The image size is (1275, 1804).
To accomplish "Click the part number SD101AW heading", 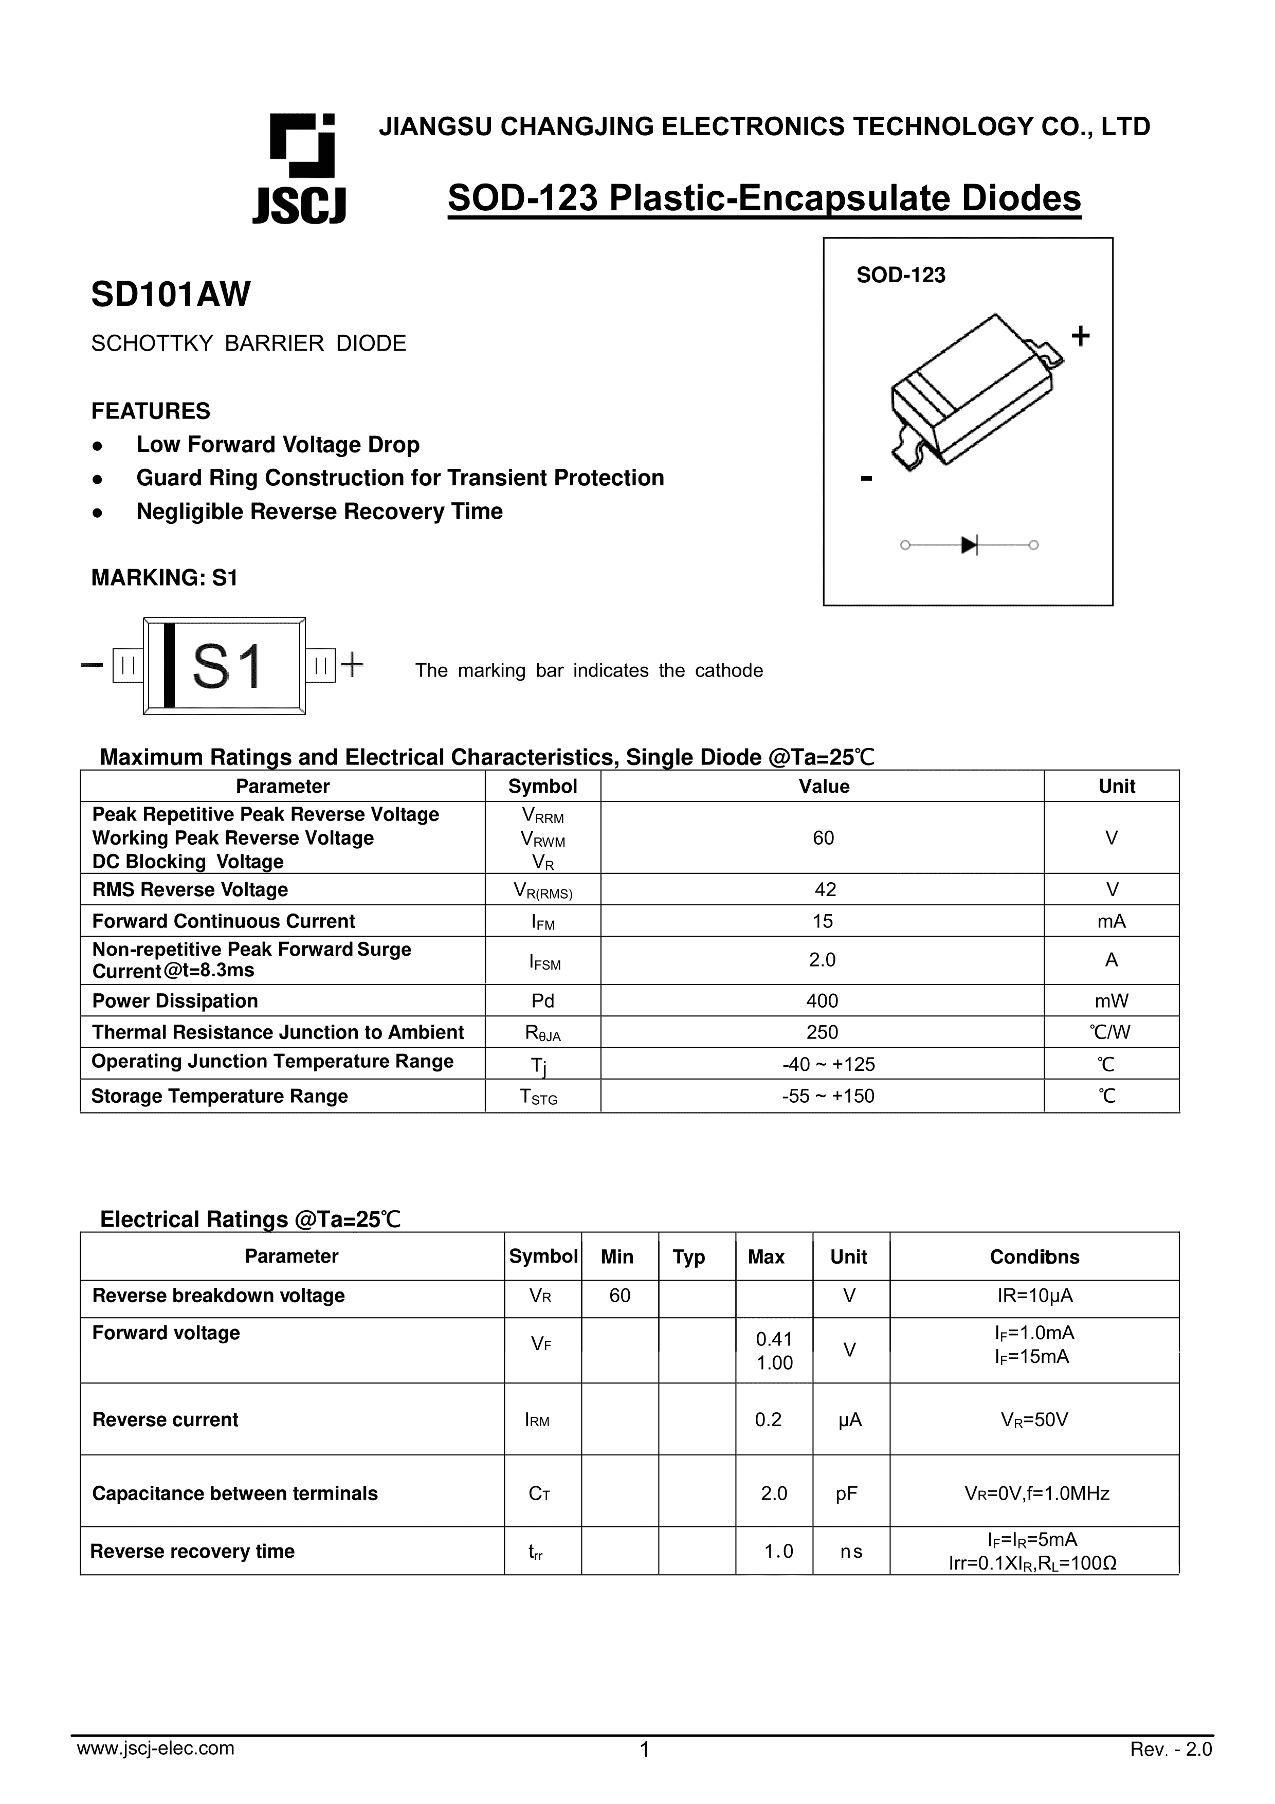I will click(x=171, y=295).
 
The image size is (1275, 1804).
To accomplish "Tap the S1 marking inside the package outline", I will click(x=227, y=667).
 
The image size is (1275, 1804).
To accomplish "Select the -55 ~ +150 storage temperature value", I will click(x=827, y=1096).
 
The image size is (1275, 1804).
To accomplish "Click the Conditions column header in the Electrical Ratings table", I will click(x=1034, y=1256).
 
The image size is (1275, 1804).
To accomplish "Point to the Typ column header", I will click(x=688, y=1256).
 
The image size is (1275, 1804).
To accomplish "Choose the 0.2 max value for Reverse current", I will click(x=768, y=1419).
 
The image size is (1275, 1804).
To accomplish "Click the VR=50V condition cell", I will click(x=1034, y=1419).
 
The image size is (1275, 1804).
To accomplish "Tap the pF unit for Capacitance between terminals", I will click(x=846, y=1493).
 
